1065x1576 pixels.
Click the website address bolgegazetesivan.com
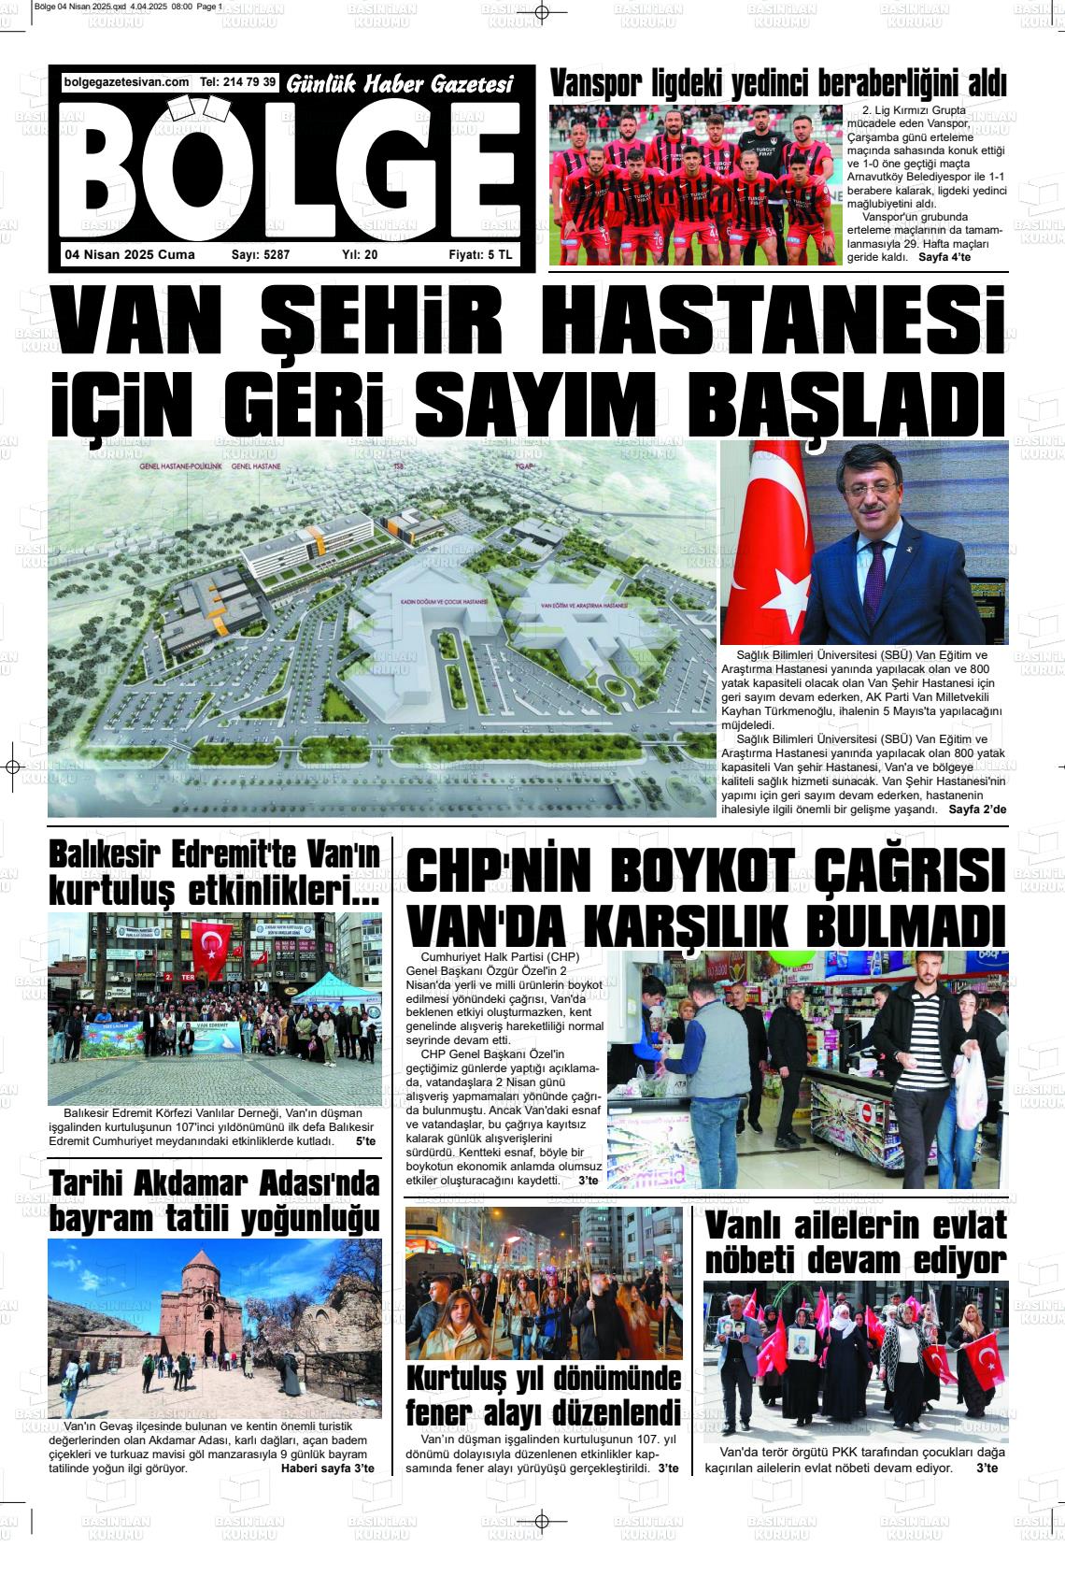[127, 82]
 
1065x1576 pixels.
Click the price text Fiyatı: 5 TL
[480, 254]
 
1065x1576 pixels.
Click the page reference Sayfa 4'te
[946, 256]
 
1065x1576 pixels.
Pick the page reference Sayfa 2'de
[977, 809]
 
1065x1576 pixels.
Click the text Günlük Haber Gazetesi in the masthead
[401, 84]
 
